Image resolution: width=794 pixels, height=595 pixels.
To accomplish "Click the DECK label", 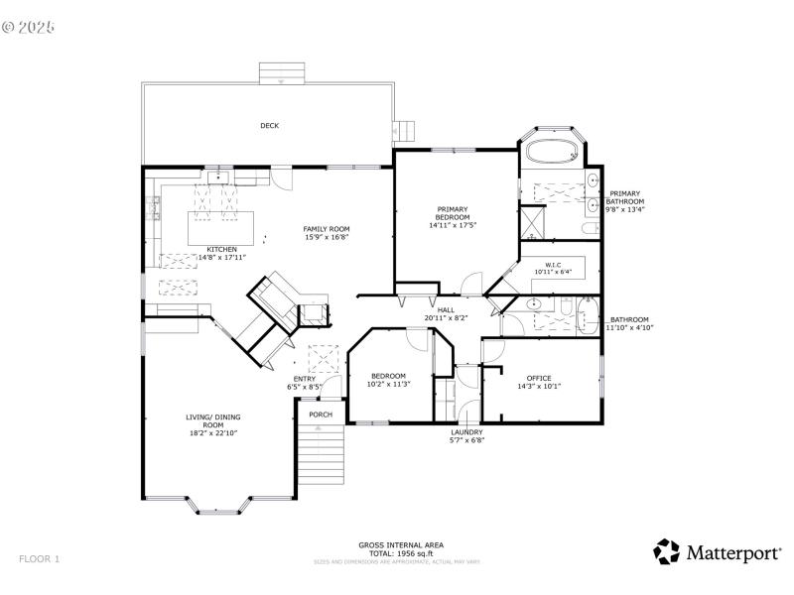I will (x=269, y=126).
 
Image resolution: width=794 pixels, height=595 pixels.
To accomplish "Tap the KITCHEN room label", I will (x=221, y=249).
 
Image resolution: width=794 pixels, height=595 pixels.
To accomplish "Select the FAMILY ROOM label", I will (x=327, y=229).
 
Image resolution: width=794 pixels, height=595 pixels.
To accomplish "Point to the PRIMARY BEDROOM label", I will (x=452, y=212).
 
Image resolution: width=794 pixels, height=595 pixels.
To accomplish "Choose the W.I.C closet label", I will (x=553, y=265).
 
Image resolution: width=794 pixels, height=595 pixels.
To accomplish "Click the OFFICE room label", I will (x=539, y=378).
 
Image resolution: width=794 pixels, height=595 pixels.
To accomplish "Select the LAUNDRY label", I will (x=466, y=432).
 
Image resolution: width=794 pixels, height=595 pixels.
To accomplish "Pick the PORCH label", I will (x=321, y=415).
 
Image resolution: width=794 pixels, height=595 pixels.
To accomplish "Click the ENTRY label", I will (x=305, y=379).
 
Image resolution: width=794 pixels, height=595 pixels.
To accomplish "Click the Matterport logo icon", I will (x=665, y=551).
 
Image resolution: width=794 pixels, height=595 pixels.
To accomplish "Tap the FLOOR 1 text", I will (x=40, y=559).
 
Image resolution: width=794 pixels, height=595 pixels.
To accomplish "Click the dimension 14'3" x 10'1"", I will (x=539, y=387).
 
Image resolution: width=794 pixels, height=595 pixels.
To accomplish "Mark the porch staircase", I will (x=321, y=461).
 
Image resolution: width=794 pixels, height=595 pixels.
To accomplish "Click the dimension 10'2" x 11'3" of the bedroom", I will (x=388, y=384).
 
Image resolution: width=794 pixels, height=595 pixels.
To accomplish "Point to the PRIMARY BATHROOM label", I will (x=625, y=197).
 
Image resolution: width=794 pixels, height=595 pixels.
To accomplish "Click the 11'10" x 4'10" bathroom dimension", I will (x=629, y=327).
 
